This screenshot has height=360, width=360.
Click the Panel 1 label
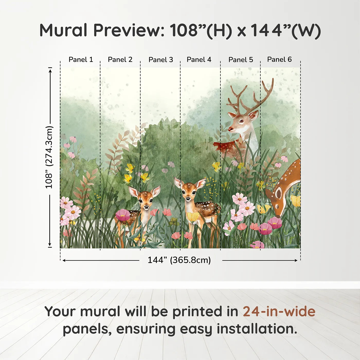pyautogui.click(x=80, y=60)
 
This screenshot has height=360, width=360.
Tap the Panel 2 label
pyautogui.click(x=120, y=60)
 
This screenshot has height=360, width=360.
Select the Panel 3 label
pyautogui.click(x=161, y=60)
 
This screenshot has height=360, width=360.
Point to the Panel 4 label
pyautogui.click(x=199, y=60)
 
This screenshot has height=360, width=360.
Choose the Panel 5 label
pyautogui.click(x=241, y=60)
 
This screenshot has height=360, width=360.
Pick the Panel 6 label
pyautogui.click(x=279, y=59)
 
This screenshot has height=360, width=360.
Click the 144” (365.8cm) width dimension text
pyautogui.click(x=179, y=260)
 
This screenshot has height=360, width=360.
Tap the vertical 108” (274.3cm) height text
pyautogui.click(x=49, y=157)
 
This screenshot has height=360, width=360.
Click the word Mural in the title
pyautogui.click(x=63, y=31)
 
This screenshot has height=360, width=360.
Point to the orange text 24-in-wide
pyautogui.click(x=279, y=312)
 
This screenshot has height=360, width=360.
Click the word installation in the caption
pyautogui.click(x=257, y=329)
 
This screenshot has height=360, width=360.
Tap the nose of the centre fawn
pyautogui.click(x=188, y=199)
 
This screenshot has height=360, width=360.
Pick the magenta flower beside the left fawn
pyautogui.click(x=123, y=215)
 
